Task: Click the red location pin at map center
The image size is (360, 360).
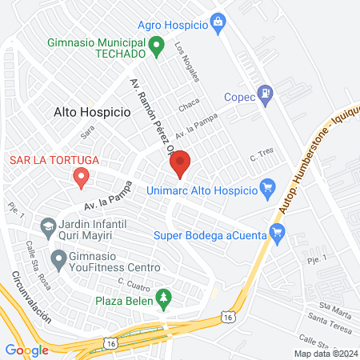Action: [x=180, y=163]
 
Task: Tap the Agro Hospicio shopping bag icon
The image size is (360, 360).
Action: [x=218, y=24]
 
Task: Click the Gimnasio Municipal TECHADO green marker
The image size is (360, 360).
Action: [x=158, y=46]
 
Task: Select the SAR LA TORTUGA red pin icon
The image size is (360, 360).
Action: [x=80, y=177]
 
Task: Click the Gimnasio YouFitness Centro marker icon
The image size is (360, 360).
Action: [x=58, y=258]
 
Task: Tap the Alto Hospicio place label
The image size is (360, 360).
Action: [x=91, y=113]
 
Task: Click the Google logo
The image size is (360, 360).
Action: [x=26, y=350]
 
